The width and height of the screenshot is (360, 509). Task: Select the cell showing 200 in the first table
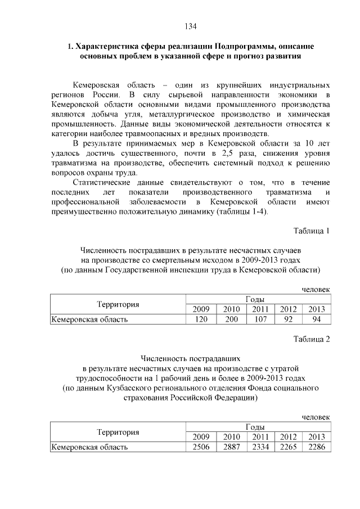click(231, 319)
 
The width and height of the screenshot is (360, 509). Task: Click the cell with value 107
click(260, 319)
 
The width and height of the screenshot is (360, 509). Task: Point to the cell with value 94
click(317, 319)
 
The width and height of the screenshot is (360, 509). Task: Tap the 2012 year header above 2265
click(288, 437)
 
